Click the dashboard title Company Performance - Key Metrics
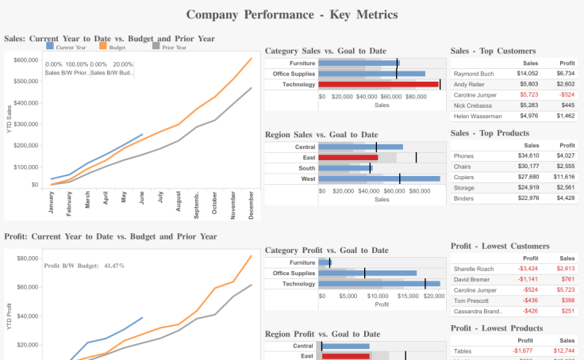pos(291,14)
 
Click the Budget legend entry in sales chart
pos(117,48)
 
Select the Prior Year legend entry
pos(174,48)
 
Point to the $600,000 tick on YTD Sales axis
pos(26,60)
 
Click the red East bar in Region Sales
pos(348,157)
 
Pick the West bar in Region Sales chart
pos(378,179)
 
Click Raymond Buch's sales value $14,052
pos(528,74)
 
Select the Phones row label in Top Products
pos(464,156)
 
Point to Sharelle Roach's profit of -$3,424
pos(528,269)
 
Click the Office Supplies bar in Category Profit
pos(367,273)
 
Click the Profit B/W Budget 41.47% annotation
pos(84,266)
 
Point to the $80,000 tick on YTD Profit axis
pos(28,259)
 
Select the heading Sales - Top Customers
pos(493,51)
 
